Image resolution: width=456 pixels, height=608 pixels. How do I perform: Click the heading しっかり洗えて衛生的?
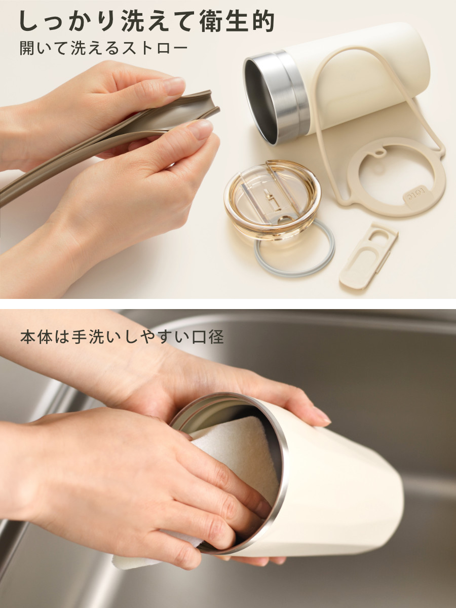pyautogui.click(x=147, y=21)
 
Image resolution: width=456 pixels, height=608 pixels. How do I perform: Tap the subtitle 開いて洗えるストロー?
pyautogui.click(x=104, y=48)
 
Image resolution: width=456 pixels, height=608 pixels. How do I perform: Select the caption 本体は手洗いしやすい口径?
pyautogui.click(x=122, y=337)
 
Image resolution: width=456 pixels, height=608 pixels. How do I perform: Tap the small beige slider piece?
pyautogui.click(x=367, y=256)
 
